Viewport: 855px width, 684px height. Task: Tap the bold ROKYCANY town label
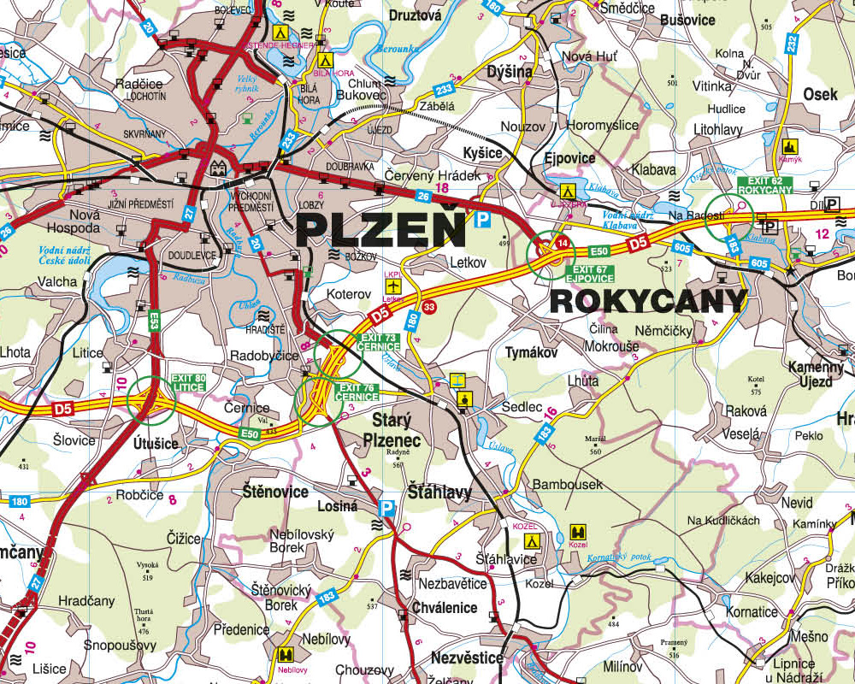point(648,300)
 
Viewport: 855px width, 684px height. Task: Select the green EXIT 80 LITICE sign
point(188,382)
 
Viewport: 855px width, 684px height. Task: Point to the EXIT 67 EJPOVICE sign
point(589,273)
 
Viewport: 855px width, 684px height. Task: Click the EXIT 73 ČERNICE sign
point(380,342)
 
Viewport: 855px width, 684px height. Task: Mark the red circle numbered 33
point(429,307)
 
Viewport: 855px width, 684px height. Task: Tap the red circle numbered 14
point(562,244)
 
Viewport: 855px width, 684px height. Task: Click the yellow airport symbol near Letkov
point(392,285)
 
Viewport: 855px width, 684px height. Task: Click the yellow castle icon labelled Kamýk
point(788,146)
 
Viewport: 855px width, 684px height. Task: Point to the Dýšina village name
point(509,72)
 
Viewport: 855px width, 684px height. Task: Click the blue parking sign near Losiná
point(386,508)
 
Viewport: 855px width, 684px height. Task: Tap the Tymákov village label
point(531,352)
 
